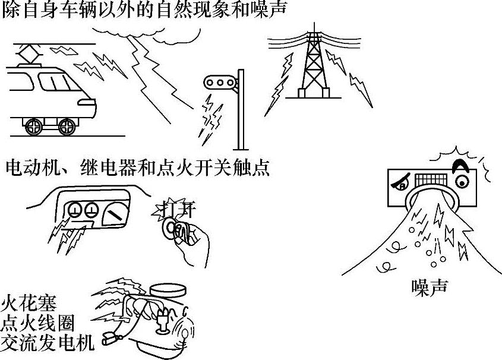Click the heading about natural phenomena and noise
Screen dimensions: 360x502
[143, 10]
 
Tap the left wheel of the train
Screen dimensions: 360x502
[35, 126]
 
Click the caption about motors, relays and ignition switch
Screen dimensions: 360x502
[137, 168]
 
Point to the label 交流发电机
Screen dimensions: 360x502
[46, 343]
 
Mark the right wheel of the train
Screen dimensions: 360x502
[67, 126]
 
